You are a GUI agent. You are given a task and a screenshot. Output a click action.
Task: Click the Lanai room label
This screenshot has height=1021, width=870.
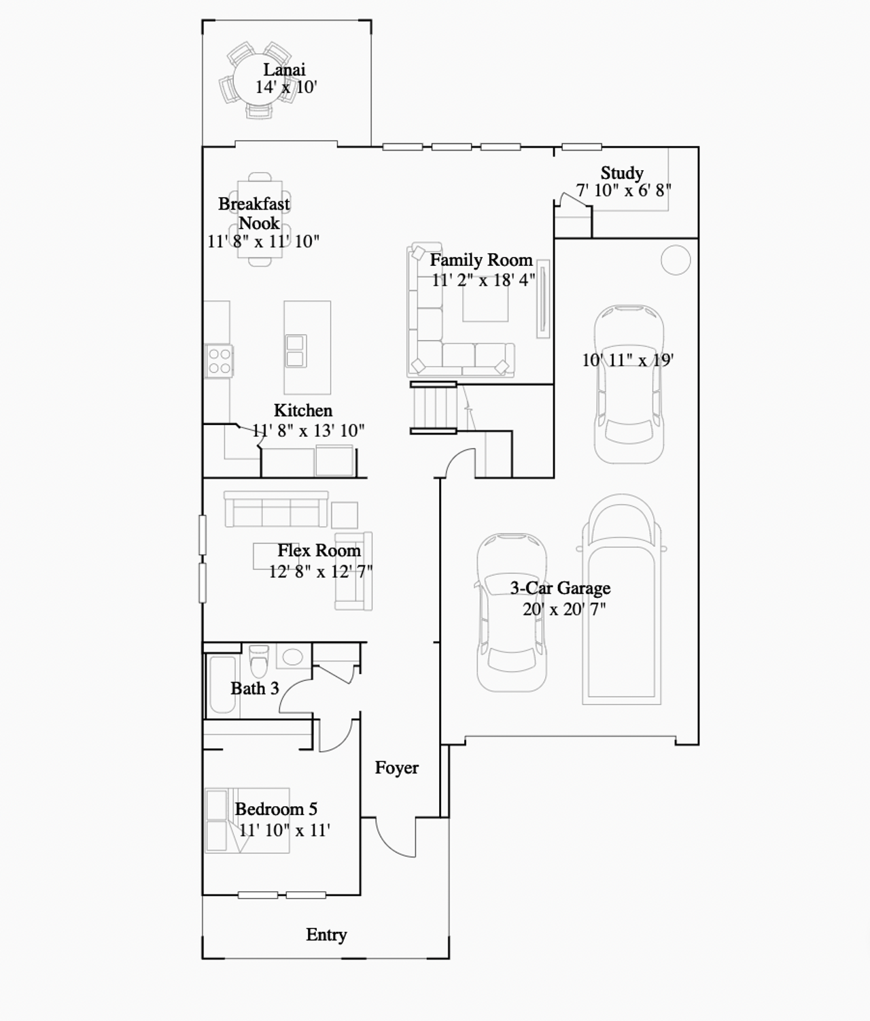click(284, 69)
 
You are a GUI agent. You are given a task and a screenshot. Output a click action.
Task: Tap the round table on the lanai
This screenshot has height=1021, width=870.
click(258, 80)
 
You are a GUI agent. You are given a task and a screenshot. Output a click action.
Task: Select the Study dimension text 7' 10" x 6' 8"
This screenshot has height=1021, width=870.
click(624, 190)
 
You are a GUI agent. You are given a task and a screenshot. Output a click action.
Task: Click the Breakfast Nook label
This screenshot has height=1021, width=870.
click(254, 213)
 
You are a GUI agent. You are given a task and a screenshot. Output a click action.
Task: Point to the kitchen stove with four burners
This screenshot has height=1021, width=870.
click(219, 361)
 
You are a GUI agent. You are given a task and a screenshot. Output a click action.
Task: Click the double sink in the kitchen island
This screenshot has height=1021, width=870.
click(295, 351)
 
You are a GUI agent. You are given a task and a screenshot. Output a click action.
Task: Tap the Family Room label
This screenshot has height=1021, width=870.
click(481, 260)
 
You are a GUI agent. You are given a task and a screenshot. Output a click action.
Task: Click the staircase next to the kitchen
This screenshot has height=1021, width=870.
click(434, 408)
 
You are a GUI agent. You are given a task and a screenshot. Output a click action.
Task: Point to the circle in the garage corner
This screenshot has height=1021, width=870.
click(676, 260)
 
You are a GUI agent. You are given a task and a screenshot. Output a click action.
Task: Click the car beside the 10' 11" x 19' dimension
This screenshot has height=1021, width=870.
click(629, 384)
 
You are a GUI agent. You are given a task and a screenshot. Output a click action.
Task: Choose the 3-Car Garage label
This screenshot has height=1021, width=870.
click(560, 588)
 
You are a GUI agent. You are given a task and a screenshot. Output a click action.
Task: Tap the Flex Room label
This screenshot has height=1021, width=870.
click(319, 550)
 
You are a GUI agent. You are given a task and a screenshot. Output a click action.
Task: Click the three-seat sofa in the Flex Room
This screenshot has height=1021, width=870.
click(276, 509)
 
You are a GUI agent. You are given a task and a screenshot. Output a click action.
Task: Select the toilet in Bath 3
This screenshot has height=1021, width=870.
click(258, 661)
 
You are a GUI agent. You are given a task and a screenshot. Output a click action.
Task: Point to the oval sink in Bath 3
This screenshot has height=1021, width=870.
click(293, 656)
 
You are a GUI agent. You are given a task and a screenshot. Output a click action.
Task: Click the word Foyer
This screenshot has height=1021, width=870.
click(397, 767)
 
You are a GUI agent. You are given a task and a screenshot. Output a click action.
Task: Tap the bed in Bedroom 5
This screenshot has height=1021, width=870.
click(247, 820)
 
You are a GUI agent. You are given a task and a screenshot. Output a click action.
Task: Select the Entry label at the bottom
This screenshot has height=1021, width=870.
click(326, 935)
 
